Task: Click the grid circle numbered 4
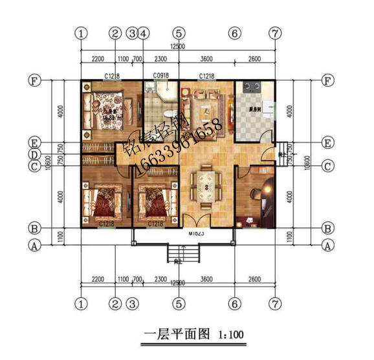click(144, 33)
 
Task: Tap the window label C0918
click(161, 76)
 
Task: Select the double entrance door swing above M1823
click(197, 217)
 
